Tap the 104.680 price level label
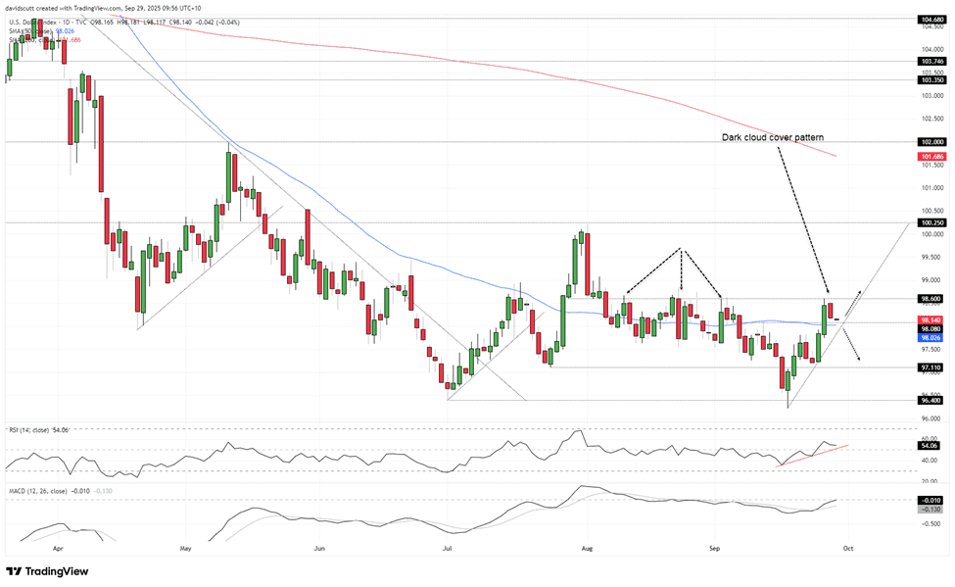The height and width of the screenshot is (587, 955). tap(931, 19)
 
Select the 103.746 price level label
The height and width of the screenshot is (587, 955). tap(931, 61)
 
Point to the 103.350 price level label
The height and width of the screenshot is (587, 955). tap(931, 79)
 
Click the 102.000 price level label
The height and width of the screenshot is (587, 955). tap(931, 142)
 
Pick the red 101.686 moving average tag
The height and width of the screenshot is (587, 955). tap(931, 157)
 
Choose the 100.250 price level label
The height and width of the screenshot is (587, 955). tap(931, 222)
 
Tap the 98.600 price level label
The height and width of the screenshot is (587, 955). tap(931, 299)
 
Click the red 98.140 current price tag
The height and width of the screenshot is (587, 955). tap(931, 319)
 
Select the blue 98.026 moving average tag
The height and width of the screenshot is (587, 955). tap(931, 338)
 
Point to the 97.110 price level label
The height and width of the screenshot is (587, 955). tap(931, 367)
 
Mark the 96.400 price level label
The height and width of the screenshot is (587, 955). tap(931, 400)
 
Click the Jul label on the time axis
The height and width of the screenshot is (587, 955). tap(448, 550)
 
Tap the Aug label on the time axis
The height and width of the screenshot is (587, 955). tap(585, 550)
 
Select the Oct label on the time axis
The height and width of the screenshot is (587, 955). tap(848, 550)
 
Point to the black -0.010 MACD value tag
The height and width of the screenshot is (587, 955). tap(931, 500)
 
